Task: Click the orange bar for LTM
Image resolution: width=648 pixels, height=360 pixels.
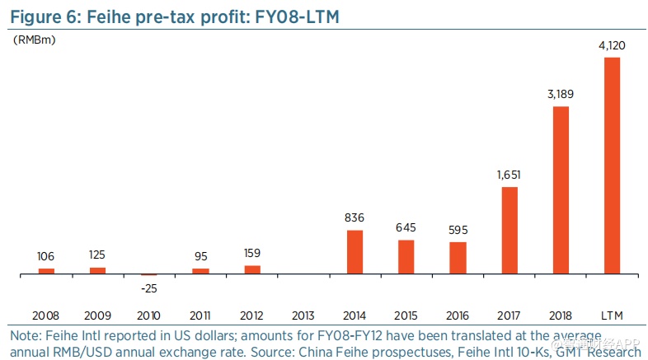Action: point(612,165)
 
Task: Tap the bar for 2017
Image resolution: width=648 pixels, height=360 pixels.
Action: point(509,230)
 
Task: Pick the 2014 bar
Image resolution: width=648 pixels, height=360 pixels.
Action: point(355,251)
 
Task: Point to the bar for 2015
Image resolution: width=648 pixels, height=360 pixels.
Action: point(406,256)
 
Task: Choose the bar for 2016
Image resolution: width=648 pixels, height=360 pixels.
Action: point(458,258)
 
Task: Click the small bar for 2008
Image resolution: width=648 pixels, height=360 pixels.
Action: point(46,270)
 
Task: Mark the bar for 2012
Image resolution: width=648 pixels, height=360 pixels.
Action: point(252,269)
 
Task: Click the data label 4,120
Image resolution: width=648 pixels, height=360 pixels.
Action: point(612,45)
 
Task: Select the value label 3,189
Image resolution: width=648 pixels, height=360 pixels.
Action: point(561,95)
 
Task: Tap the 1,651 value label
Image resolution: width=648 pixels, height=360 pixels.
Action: point(509,175)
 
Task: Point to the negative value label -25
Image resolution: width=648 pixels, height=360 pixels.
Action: point(149,288)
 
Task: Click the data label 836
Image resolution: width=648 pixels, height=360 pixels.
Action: point(355,218)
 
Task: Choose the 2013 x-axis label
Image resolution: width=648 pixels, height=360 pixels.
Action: point(303,316)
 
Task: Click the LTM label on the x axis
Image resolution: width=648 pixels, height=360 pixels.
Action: point(612,316)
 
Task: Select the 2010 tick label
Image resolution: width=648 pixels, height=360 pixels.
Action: point(149,316)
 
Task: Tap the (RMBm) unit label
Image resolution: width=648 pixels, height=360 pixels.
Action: point(33,39)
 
